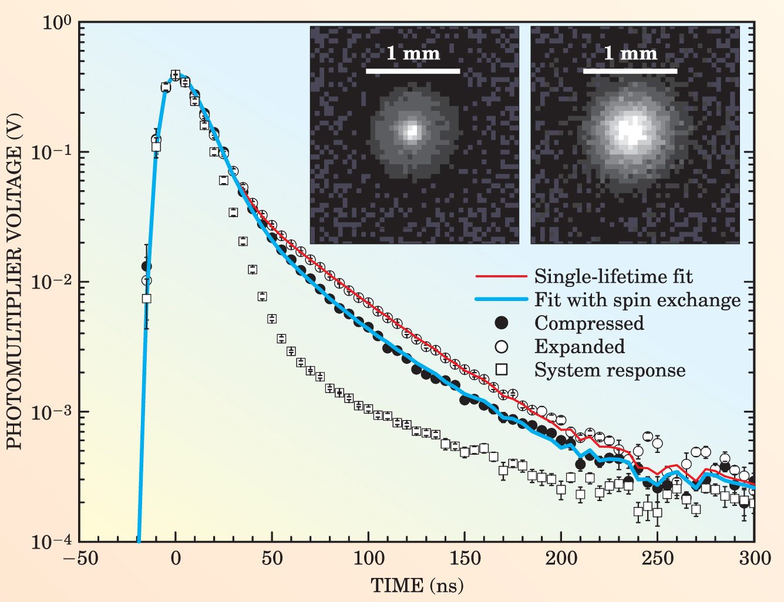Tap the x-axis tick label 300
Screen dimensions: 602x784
(x=755, y=558)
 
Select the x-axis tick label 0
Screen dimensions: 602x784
(x=176, y=558)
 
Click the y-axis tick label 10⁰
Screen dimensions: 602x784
(x=57, y=23)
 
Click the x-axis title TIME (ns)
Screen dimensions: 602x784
(x=417, y=585)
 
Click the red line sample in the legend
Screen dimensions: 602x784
(x=501, y=276)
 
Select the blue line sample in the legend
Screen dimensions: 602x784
(x=501, y=300)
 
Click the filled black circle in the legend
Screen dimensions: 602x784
(x=502, y=323)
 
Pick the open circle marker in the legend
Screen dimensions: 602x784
(x=502, y=346)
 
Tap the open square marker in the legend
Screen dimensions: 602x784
(x=502, y=370)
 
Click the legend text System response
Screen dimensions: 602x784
(x=610, y=370)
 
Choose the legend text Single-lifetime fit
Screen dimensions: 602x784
(x=613, y=276)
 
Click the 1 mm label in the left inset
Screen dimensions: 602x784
(x=413, y=54)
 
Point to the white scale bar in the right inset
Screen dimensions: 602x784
(x=630, y=72)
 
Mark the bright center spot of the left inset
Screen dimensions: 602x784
(x=412, y=130)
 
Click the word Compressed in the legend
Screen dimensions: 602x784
(x=589, y=323)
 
